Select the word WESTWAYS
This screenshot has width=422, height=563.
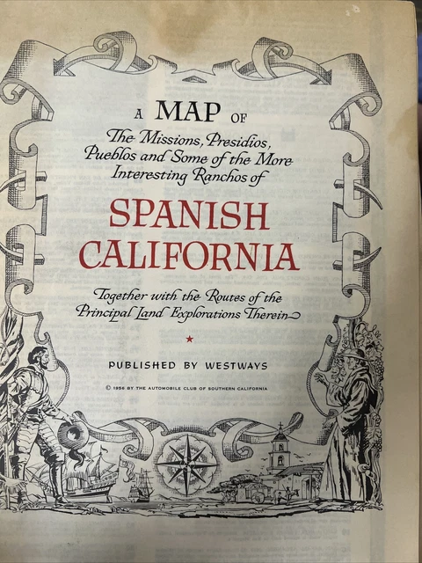coord(241,362)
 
